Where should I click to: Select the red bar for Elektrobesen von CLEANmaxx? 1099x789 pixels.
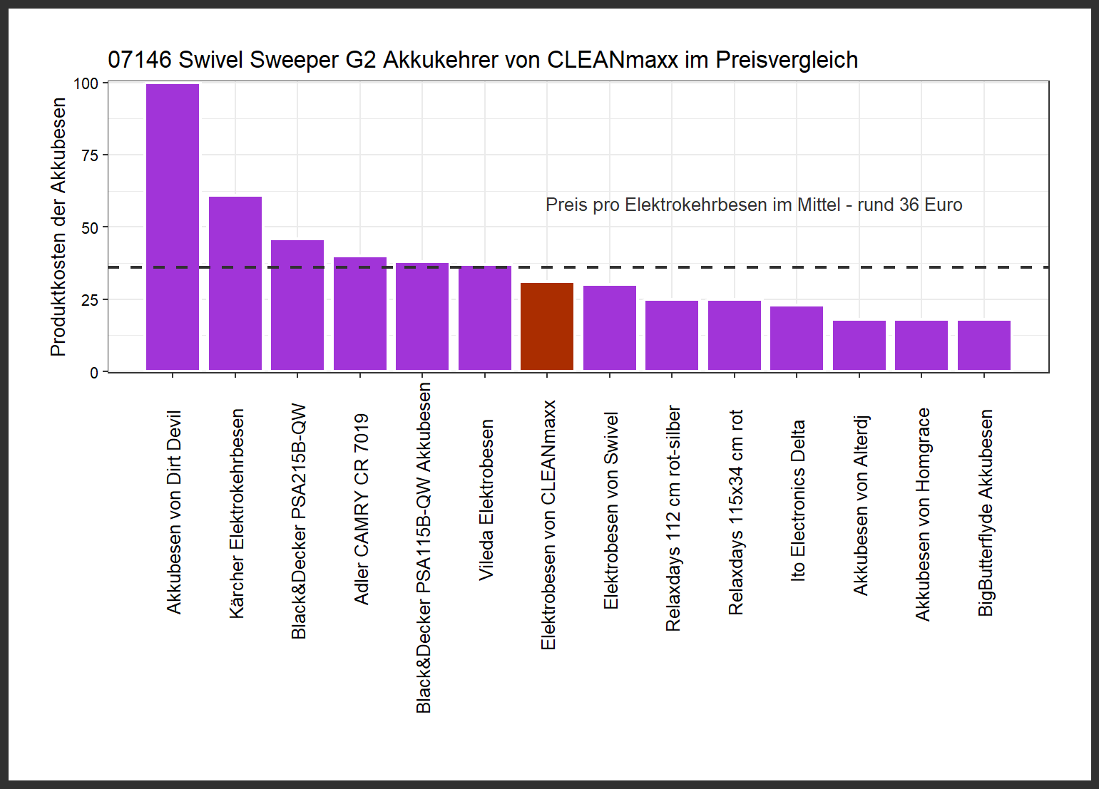[547, 326]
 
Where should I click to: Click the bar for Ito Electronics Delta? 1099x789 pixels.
[797, 338]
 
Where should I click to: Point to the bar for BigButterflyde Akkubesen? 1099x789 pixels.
[984, 345]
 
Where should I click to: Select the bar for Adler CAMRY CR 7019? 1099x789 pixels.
[360, 314]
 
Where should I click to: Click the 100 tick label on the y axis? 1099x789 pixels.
[86, 83]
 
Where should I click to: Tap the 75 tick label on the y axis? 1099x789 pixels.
[90, 155]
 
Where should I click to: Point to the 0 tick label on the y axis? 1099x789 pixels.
[94, 373]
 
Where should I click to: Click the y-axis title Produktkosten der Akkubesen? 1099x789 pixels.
[58, 227]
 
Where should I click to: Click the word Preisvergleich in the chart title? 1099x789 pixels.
[787, 60]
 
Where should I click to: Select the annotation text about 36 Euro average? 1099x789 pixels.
[754, 205]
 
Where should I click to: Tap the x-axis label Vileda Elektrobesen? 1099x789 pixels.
[486, 500]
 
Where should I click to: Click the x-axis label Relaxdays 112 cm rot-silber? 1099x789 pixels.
[673, 518]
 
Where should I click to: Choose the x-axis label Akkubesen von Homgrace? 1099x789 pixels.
[922, 514]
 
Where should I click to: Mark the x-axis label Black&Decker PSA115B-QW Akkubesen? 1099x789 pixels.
[423, 547]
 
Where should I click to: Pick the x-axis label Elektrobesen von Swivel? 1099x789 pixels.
[610, 510]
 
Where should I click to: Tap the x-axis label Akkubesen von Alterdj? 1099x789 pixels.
[860, 505]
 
